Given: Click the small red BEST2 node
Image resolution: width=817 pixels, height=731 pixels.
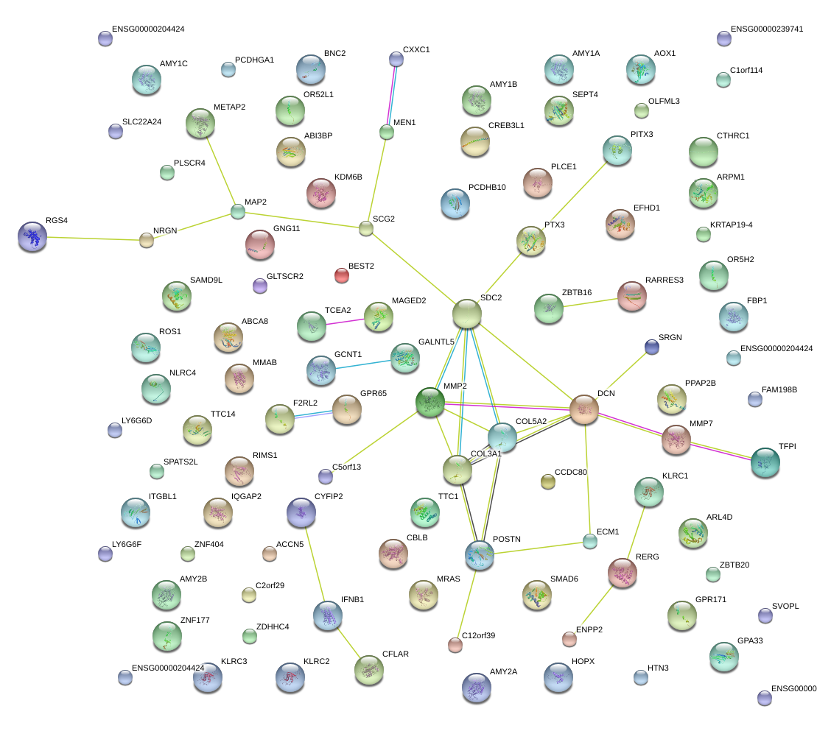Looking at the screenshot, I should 341,275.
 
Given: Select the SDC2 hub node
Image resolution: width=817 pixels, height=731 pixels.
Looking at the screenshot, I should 467,314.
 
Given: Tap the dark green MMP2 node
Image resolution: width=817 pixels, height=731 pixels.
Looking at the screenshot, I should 429,401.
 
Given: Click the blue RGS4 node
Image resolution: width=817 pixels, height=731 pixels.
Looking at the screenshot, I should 32,236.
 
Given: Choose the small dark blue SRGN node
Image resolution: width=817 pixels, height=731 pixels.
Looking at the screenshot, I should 651,347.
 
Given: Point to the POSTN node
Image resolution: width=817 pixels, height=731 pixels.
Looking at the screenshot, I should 479,554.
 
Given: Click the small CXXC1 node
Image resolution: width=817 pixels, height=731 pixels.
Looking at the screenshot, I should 396,59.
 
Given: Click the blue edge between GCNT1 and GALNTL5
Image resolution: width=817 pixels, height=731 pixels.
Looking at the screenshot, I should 362,363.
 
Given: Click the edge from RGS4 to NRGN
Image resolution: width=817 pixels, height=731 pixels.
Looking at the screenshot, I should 90,238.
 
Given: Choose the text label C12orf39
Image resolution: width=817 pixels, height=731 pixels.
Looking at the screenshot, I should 479,635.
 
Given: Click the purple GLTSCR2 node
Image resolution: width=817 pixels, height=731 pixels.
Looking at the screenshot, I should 259,285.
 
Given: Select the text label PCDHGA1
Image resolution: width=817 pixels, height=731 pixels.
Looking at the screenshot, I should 254,60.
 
